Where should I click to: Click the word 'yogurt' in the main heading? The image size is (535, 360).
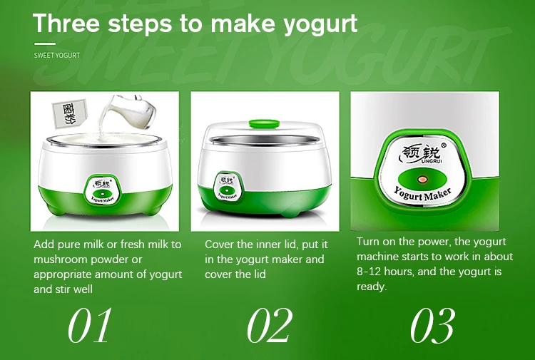320,24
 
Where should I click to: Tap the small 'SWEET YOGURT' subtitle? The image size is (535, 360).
56,55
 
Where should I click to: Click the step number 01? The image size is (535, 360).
90,325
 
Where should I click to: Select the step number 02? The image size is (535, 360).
270,325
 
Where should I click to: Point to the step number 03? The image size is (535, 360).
433,325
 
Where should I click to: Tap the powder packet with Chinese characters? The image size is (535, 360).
70,113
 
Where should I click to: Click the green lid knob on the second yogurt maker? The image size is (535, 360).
264,123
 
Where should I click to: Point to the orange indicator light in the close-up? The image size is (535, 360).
423,179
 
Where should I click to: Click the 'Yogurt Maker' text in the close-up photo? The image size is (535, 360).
422,195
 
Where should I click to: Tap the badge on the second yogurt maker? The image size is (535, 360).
228,188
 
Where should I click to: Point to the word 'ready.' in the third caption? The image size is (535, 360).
372,287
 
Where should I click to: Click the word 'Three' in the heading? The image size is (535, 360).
66,24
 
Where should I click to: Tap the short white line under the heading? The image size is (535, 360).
45,43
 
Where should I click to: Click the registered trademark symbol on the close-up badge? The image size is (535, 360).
444,145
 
